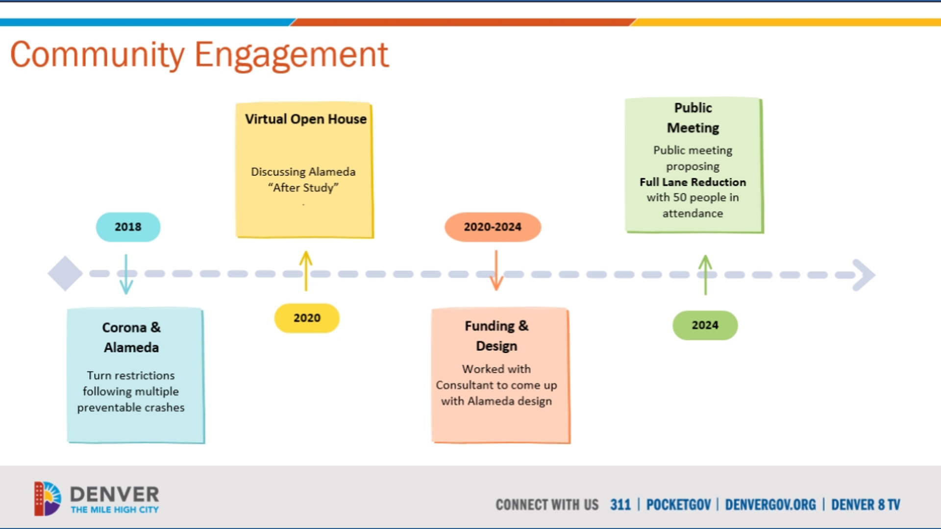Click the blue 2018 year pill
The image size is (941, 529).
click(x=128, y=227)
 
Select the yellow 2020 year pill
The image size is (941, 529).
click(x=307, y=318)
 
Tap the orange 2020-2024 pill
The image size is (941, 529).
click(x=493, y=227)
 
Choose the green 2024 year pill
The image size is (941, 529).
click(x=705, y=325)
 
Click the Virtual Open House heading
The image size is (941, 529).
click(x=305, y=119)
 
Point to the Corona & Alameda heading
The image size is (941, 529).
click(x=131, y=337)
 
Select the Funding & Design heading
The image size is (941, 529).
click(x=496, y=336)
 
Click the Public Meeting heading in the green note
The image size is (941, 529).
click(x=693, y=118)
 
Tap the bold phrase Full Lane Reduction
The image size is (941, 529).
click(x=693, y=182)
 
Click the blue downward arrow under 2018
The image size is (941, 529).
click(x=126, y=274)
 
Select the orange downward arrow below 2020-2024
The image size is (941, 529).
click(x=496, y=270)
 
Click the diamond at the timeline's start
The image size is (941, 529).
click(x=65, y=274)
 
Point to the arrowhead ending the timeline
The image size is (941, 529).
click(x=864, y=275)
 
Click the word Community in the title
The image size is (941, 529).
click(x=97, y=55)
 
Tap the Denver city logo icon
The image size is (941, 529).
click(x=48, y=499)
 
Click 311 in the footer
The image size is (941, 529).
click(x=620, y=505)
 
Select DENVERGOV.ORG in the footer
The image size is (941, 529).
click(x=770, y=505)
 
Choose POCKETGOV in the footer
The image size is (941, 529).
click(x=678, y=505)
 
